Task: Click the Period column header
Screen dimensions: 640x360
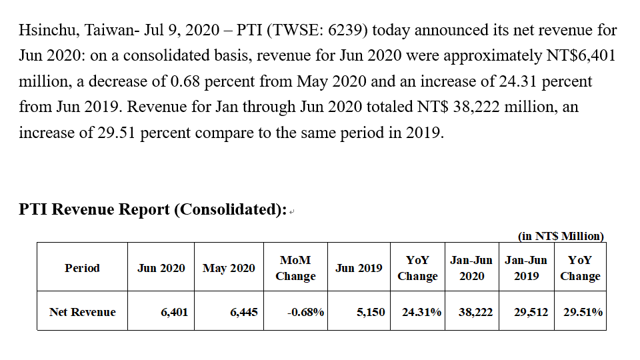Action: point(82,268)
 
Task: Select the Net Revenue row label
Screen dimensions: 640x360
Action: point(83,312)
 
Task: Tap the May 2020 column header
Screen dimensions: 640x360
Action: point(229,268)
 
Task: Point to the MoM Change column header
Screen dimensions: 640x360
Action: point(295,268)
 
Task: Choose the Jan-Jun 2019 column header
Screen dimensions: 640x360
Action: point(526,268)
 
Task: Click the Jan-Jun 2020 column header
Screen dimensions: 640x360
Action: point(471,268)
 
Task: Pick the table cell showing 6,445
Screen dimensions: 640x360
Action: point(244,313)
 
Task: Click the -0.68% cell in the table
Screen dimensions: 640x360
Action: point(306,313)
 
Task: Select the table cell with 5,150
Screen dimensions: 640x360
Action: point(371,313)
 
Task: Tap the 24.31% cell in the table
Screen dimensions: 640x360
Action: point(421,313)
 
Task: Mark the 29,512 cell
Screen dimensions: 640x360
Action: point(531,313)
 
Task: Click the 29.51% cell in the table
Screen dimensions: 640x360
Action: point(583,313)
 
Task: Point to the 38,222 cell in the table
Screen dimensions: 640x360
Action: point(475,313)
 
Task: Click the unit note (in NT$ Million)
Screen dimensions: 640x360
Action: point(561,236)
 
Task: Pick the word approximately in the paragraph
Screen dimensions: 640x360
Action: point(493,56)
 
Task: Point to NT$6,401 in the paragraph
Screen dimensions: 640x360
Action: point(581,56)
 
